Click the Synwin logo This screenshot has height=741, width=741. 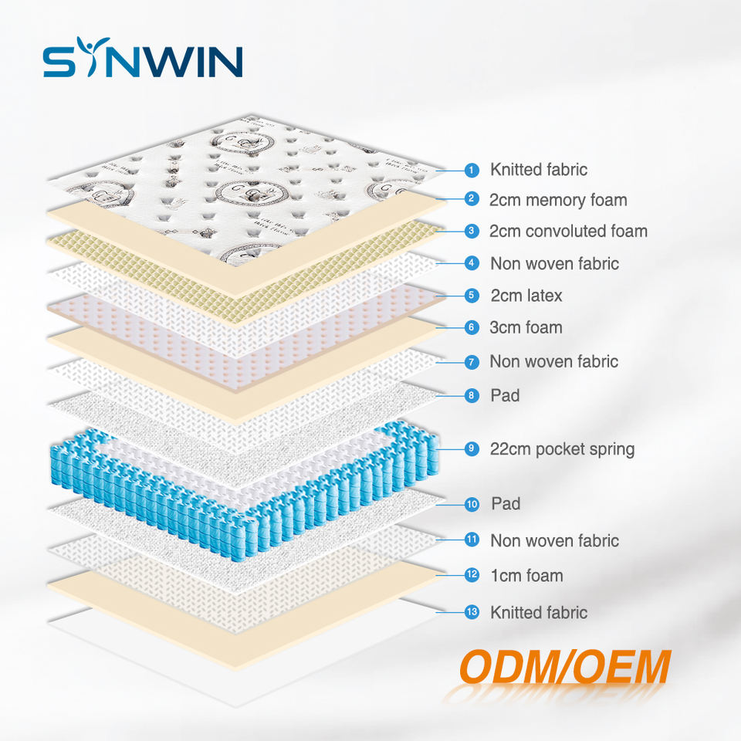pyautogui.click(x=143, y=61)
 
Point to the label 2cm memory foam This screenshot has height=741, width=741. pyautogui.click(x=557, y=200)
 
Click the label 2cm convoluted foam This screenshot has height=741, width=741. pyautogui.click(x=568, y=231)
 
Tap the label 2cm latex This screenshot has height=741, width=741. pyautogui.click(x=526, y=296)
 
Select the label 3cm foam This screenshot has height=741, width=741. pyautogui.click(x=526, y=327)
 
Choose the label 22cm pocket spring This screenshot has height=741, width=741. pyautogui.click(x=562, y=448)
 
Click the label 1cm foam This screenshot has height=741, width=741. pyautogui.click(x=526, y=575)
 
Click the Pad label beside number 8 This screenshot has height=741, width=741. pyautogui.click(x=505, y=395)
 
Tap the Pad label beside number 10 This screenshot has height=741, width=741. pyautogui.click(x=506, y=504)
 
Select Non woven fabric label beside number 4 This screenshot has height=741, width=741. pyautogui.click(x=554, y=263)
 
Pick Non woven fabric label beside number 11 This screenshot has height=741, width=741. pyautogui.click(x=554, y=540)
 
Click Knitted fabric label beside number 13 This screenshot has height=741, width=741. pyautogui.click(x=539, y=612)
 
